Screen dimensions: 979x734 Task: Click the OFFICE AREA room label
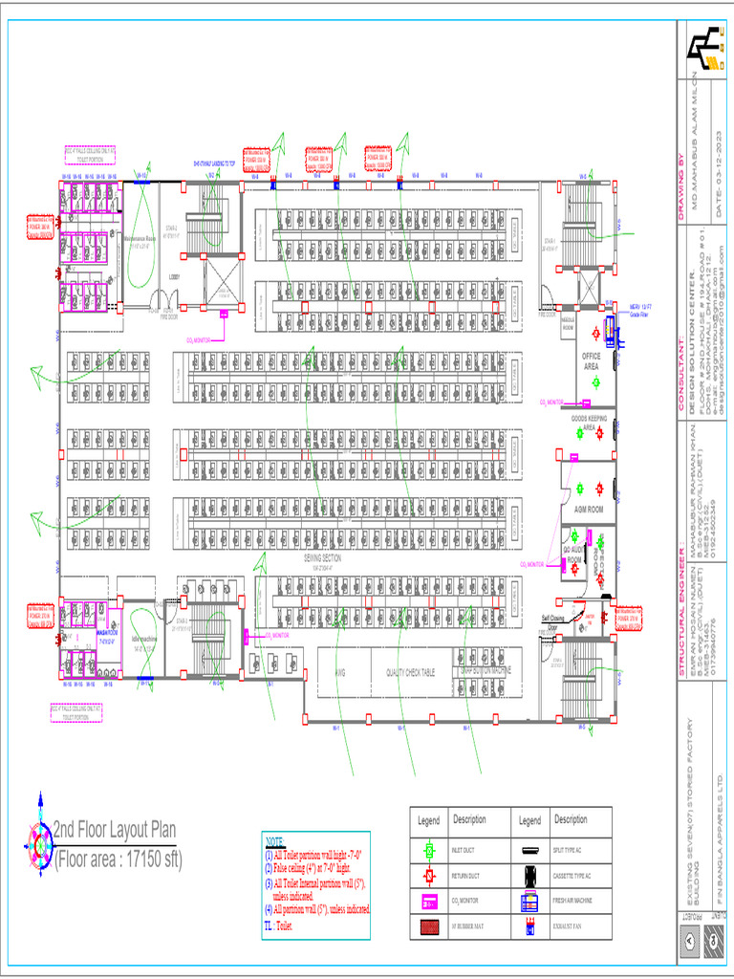tap(592, 360)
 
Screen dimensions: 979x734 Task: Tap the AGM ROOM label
tap(588, 510)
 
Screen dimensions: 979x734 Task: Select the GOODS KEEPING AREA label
tap(591, 423)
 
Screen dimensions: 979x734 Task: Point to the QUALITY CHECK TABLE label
tap(410, 673)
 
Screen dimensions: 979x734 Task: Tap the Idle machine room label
tap(144, 640)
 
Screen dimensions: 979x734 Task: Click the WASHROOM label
tap(106, 633)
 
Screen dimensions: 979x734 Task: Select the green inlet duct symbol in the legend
tap(429, 849)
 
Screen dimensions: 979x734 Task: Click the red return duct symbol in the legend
tap(429, 876)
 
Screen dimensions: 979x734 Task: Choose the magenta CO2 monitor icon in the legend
tap(429, 902)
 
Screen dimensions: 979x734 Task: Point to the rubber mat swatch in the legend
tap(429, 927)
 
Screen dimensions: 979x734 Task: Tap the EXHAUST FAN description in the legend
tap(572, 927)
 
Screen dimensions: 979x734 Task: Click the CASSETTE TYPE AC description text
tap(576, 876)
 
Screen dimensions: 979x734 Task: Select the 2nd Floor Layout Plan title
tap(115, 830)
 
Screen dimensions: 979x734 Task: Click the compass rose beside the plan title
tap(39, 836)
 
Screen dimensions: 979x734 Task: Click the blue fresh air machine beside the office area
tap(610, 304)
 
